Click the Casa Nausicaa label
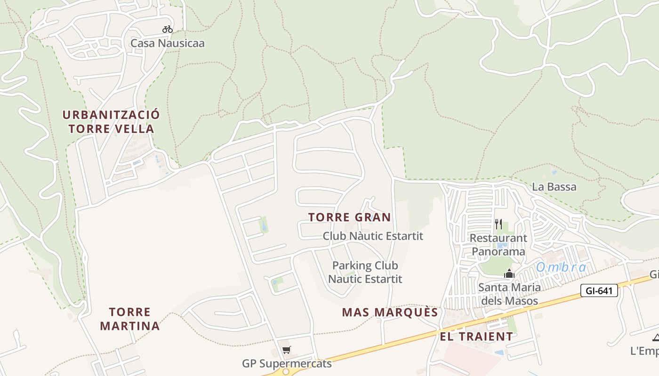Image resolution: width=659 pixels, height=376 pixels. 168,43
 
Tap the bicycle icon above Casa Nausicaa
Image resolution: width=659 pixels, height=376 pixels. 168,29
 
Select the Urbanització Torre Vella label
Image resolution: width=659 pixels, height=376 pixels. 111,122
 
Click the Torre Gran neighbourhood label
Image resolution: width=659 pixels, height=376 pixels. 350,217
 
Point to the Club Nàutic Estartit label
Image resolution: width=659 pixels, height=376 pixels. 373,236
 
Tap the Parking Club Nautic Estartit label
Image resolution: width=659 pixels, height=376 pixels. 365,272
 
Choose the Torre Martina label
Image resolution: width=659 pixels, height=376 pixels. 130,319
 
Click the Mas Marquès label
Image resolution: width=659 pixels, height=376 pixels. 390,313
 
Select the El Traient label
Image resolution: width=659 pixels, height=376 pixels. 476,337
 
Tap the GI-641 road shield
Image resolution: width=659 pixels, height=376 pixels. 599,291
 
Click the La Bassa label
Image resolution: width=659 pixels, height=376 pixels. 554,187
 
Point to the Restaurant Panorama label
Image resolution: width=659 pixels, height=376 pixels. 498,244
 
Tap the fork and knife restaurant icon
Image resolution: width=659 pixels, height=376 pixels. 498,224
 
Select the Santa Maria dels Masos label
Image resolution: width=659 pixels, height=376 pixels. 509,293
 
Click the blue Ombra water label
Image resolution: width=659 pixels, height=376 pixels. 561,267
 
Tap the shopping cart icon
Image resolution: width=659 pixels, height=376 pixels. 286,350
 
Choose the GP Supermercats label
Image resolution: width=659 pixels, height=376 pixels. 287,363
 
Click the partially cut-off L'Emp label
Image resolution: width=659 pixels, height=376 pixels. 644,351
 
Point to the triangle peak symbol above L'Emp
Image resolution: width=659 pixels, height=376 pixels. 656,337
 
